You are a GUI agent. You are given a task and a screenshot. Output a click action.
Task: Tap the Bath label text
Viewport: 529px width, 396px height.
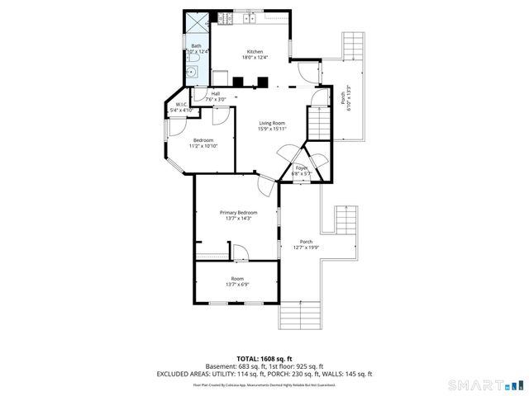pos(196,46)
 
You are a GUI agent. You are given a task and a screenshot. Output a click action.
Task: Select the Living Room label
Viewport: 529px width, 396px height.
pos(272,123)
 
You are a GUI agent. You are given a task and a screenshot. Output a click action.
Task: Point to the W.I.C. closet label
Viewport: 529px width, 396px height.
pos(179,104)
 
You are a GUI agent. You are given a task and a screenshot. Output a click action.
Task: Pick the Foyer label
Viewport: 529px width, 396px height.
pos(302,168)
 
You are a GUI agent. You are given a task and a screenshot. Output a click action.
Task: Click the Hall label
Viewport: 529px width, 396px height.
pos(216,94)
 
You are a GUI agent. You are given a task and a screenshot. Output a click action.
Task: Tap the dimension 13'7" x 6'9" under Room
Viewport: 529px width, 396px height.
pos(238,285)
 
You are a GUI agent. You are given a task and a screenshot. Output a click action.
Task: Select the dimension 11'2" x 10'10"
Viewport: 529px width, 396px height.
pos(204,146)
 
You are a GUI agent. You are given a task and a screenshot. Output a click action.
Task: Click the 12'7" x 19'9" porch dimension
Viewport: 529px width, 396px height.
pos(306,247)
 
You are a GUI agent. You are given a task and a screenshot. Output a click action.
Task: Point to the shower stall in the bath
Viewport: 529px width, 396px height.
pos(197,22)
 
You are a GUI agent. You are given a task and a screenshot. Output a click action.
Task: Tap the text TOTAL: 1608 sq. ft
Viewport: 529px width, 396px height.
pos(264,359)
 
